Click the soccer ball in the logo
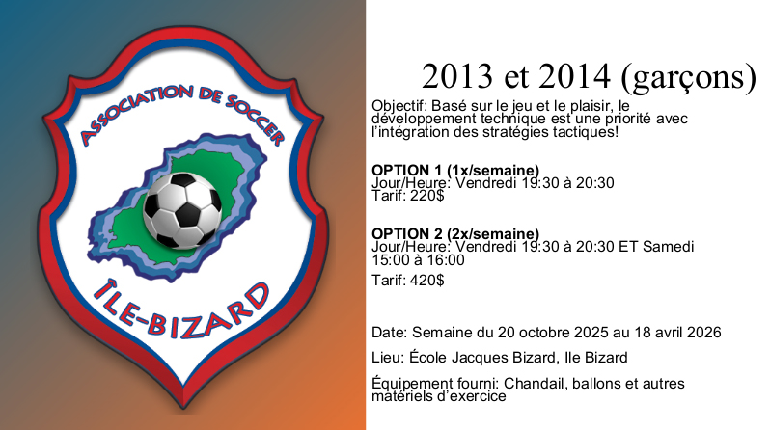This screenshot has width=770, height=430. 182,210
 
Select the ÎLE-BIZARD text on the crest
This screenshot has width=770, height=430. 181,310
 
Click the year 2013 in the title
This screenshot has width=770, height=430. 457,76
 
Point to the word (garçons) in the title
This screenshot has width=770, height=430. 689,77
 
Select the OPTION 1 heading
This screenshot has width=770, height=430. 406,171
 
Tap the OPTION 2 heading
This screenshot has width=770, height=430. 406,233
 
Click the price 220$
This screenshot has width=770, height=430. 427,196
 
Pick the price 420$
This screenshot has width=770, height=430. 427,281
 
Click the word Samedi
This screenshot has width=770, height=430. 669,246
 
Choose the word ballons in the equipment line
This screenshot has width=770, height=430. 597,383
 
